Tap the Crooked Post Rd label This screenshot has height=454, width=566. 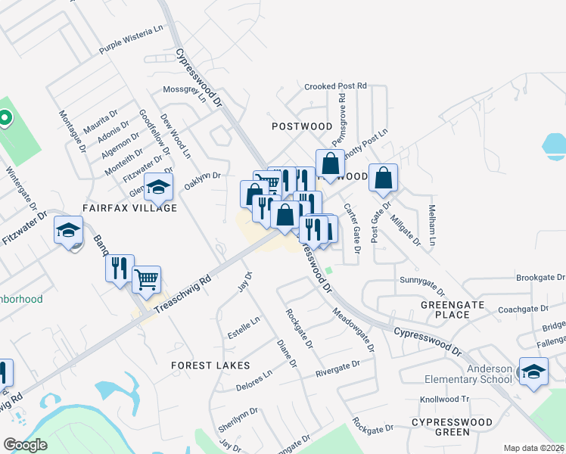coord(335,86)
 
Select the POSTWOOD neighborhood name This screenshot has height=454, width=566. coord(302,126)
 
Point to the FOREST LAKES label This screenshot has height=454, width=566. coord(210,365)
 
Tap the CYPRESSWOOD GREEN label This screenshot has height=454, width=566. coord(441,426)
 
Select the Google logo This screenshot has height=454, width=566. coord(25,445)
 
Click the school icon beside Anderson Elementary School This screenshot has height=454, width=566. coord(533,372)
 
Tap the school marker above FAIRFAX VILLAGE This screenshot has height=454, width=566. coord(159,186)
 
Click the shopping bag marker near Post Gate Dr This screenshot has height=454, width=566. coord(384,178)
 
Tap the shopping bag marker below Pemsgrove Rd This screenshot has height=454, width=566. coord(330,163)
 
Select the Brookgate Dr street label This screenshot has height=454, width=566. coord(540,278)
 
